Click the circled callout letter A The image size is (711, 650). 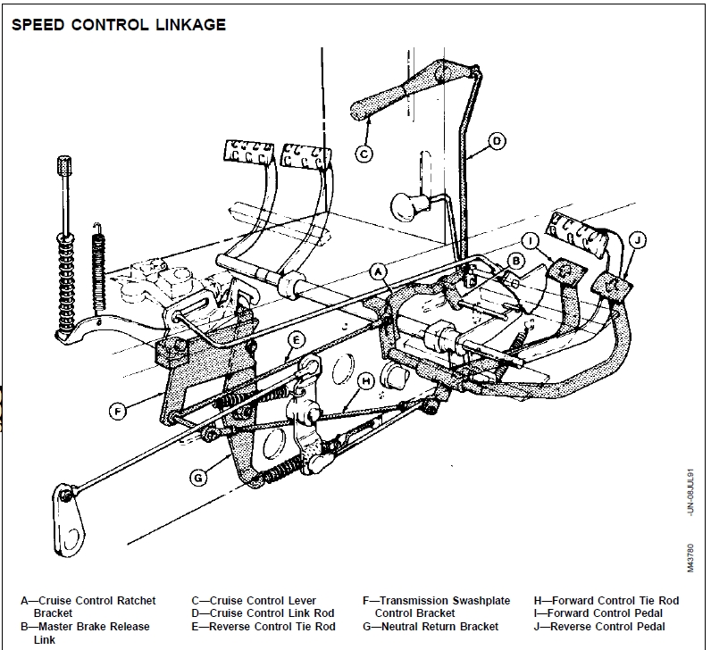point(378,271)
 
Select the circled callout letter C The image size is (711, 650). point(364,153)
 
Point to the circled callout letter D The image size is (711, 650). point(498,139)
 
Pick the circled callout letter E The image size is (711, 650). point(297,339)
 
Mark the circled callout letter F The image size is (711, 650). point(117,412)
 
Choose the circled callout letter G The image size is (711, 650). point(199,477)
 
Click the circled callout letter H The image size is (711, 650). point(365,379)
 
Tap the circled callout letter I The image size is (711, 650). point(531,240)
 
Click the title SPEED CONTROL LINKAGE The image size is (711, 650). point(119,25)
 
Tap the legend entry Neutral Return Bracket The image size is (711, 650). point(431,627)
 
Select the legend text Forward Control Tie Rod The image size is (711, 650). point(606,601)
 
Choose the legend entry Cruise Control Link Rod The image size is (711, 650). point(263,613)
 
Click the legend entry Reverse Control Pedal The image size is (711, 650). point(606,627)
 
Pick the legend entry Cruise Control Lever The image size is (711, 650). point(254,601)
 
